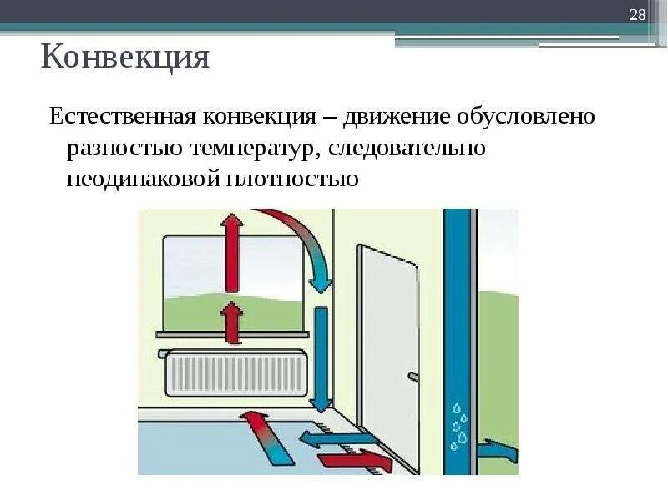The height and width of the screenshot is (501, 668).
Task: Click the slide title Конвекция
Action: coord(124,58)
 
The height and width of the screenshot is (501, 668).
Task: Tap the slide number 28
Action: coord(638,17)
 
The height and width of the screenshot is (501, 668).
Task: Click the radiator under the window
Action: coord(235,373)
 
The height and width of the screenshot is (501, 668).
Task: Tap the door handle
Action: coord(412,377)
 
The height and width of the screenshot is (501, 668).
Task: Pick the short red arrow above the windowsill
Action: coord(232,322)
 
